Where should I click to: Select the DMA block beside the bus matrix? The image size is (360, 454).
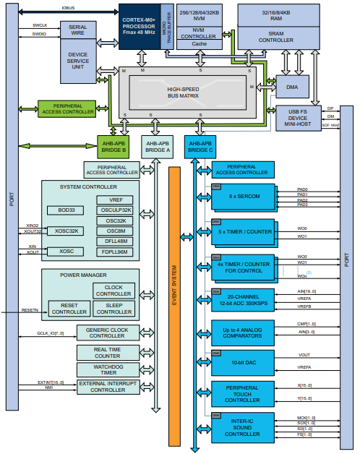pos(291,87)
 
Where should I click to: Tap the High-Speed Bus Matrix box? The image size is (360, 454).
pos(193,92)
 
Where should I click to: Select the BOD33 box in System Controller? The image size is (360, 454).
pos(66,210)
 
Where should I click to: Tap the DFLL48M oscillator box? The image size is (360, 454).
pos(116,241)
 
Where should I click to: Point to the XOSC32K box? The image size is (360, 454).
pos(66,231)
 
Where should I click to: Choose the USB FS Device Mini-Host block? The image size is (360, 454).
pos(299,118)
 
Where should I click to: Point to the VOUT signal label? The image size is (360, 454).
pos(304,355)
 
